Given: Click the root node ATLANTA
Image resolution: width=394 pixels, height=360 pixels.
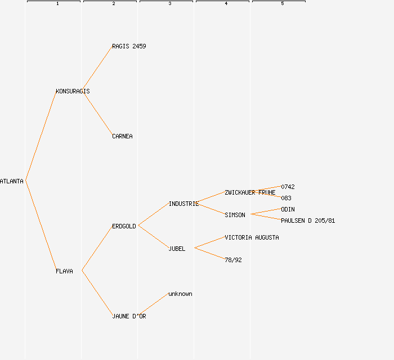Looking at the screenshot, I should point(12,181).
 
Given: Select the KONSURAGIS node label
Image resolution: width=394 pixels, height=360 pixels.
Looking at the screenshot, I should point(73,91).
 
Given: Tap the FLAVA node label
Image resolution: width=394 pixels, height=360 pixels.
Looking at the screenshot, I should point(64,271).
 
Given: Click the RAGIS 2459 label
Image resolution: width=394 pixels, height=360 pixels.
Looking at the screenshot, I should point(129,46).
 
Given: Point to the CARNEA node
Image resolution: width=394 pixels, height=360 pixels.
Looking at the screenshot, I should point(122,136).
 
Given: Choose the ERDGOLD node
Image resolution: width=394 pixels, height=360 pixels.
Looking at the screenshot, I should point(124,226).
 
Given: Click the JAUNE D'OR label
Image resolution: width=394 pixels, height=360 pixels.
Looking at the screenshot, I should point(129,316).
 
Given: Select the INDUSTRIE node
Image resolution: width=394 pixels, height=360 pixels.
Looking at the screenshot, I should point(183,204).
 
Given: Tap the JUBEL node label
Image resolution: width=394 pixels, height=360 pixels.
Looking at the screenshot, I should point(177,249).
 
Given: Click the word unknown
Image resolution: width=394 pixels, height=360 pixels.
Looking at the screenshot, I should point(180,294).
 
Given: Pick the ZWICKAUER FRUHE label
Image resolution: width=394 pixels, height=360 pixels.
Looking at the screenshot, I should point(250,192).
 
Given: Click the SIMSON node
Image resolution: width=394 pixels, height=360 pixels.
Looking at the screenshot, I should point(235,215).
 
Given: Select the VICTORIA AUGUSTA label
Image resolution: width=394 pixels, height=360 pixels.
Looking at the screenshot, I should point(252,237).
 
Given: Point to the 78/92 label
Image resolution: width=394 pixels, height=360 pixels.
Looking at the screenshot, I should point(233,260).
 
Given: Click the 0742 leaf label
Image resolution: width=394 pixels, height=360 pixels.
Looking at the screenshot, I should point(288,187).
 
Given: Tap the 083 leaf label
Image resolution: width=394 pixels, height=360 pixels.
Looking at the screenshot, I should point(286,198).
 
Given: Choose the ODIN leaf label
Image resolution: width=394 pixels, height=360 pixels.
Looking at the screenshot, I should point(288,209).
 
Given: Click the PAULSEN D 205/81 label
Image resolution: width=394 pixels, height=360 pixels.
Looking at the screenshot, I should point(308,220).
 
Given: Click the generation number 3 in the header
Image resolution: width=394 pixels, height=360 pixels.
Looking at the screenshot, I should point(170,4).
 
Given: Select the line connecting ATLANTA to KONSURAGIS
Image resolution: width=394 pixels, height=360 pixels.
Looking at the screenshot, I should point(41,136).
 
